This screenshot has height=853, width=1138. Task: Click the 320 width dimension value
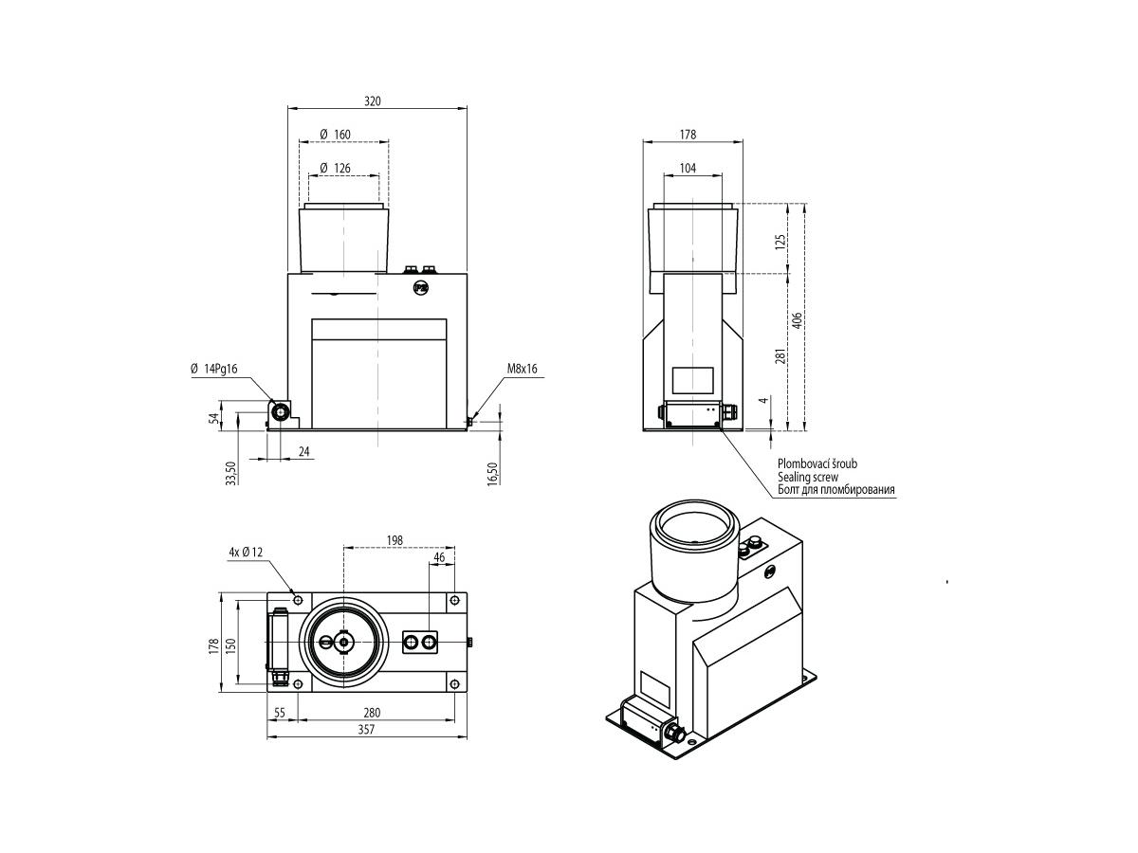[372, 101]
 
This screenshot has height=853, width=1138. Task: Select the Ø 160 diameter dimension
[336, 135]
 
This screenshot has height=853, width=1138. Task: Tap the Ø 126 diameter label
[336, 169]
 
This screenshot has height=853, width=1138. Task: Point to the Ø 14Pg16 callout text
[214, 369]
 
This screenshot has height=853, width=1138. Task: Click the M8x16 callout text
[523, 369]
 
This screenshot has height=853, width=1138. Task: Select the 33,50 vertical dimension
[231, 473]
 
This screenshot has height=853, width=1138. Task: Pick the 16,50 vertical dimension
[492, 473]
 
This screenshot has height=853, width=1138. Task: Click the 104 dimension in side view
[688, 169]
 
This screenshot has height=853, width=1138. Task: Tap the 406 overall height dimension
[798, 319]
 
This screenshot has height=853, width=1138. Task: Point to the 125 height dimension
[780, 242]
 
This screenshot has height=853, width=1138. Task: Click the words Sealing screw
[808, 477]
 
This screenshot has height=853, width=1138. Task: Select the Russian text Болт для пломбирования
[836, 490]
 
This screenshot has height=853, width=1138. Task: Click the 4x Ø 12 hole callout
[246, 553]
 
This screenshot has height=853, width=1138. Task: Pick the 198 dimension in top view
[395, 540]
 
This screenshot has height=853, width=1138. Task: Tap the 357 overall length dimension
[366, 729]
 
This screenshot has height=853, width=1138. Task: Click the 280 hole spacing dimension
[372, 713]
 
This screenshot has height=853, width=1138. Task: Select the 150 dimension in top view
[231, 645]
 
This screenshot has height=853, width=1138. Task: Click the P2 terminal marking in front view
[419, 288]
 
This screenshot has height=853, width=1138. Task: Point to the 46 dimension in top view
[439, 557]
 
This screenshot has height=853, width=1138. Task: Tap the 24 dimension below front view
[304, 452]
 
